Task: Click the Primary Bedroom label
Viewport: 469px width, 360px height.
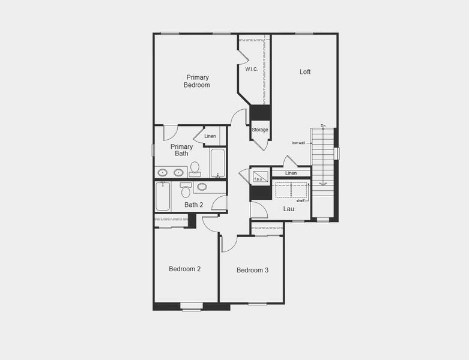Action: click(197, 81)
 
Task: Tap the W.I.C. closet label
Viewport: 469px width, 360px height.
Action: click(252, 69)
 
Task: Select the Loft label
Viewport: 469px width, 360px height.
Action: click(305, 72)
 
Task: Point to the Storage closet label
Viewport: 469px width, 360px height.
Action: click(260, 130)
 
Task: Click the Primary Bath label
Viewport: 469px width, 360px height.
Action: click(181, 150)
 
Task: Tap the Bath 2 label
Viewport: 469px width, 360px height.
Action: click(193, 205)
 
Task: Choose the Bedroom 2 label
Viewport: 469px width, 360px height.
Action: click(184, 269)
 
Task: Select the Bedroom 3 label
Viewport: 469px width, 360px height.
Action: click(252, 270)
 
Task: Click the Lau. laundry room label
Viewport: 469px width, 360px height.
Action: click(289, 209)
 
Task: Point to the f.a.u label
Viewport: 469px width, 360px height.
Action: click(259, 179)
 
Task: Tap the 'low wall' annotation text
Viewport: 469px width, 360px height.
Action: click(298, 143)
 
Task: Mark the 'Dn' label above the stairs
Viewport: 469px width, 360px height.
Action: click(323, 126)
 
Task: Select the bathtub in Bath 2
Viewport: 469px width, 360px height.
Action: click(163, 196)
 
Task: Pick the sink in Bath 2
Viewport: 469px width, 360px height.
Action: click(202, 187)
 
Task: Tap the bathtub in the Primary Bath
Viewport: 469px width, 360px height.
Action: click(217, 163)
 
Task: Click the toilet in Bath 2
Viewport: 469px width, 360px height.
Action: click(186, 191)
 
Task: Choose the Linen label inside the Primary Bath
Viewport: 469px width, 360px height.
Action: click(210, 136)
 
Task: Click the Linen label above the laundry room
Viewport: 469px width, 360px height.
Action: click(291, 173)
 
